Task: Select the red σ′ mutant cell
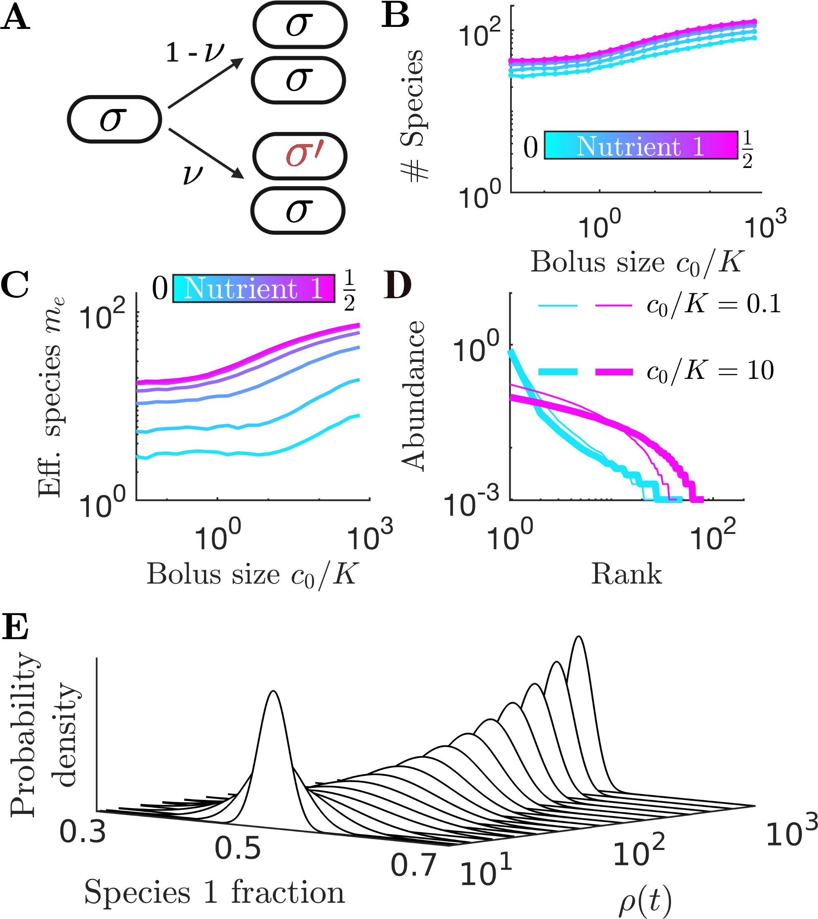pyautogui.click(x=299, y=156)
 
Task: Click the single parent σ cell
pyautogui.click(x=114, y=119)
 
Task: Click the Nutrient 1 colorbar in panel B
pyautogui.click(x=640, y=145)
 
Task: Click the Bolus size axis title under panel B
pyautogui.click(x=637, y=262)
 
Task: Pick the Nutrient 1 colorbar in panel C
pyautogui.click(x=254, y=288)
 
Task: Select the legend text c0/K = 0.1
pyautogui.click(x=713, y=305)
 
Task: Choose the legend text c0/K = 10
pyautogui.click(x=710, y=371)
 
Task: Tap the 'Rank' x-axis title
pyautogui.click(x=626, y=574)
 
